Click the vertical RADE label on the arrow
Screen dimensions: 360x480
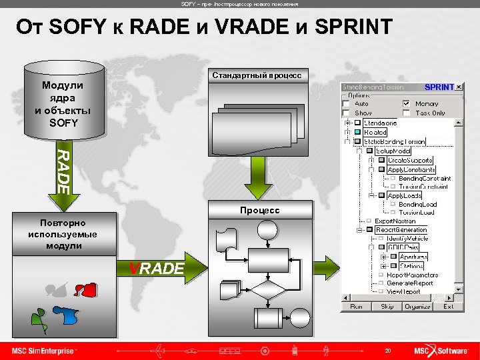coord(61,171)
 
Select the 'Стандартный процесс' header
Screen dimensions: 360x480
coord(257,75)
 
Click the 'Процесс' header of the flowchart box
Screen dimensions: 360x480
coord(260,210)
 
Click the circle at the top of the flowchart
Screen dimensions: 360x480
coord(268,230)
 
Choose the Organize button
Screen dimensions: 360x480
coord(417,307)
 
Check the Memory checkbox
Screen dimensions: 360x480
coord(406,104)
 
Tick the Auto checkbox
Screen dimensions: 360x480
coord(345,104)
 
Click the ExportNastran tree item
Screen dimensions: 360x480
coord(395,221)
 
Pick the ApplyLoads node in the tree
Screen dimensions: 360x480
coord(405,196)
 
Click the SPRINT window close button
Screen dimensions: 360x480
coord(459,87)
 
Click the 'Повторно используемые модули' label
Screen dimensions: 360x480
coord(63,234)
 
